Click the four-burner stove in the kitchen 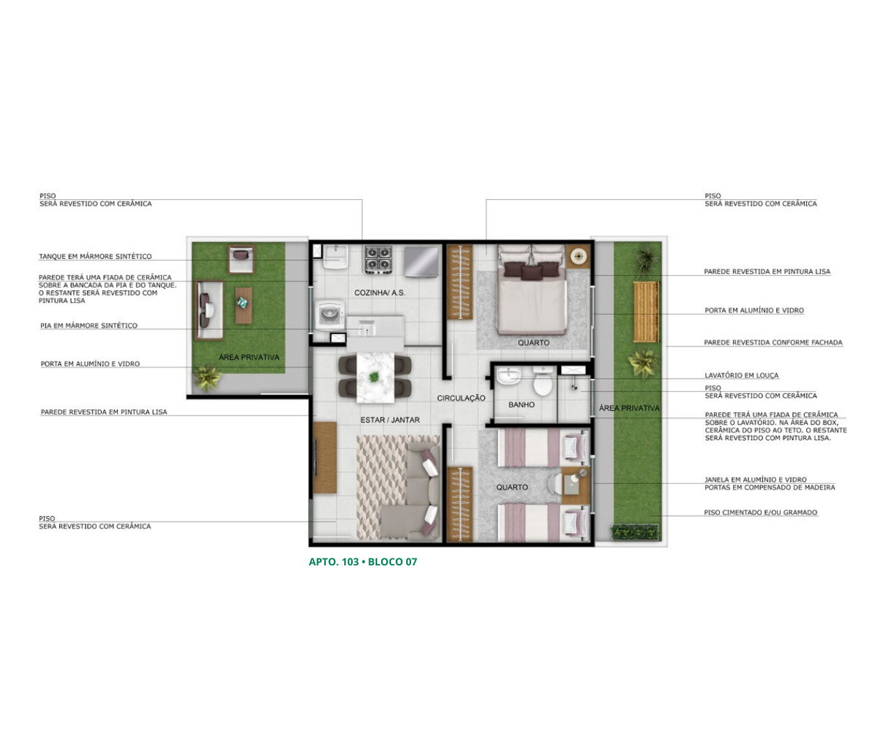click(378, 260)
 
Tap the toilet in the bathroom click(542, 382)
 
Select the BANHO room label click(521, 405)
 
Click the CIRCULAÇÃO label click(461, 398)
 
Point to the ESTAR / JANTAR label click(390, 420)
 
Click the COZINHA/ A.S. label click(380, 292)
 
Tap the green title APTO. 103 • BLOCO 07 click(363, 562)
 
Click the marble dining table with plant click(375, 377)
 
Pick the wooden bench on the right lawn click(646, 311)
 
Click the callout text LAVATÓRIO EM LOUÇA click(741, 375)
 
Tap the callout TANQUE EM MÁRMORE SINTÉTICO click(95, 256)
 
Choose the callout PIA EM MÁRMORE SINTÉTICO click(89, 325)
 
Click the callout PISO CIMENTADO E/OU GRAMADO click(761, 512)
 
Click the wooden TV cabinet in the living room click(325, 457)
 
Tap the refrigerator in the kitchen click(422, 262)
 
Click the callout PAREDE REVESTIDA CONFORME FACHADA click(773, 343)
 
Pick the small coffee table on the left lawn click(244, 305)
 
